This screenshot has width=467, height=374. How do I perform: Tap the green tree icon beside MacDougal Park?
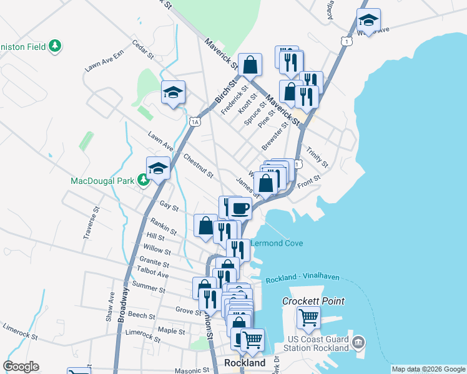[x=143, y=181]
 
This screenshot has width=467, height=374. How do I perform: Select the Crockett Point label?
[x=313, y=301]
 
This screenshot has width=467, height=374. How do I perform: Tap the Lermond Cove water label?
[x=277, y=243]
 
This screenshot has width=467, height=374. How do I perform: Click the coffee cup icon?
[x=240, y=207]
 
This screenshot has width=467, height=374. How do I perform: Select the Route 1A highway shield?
[x=195, y=122]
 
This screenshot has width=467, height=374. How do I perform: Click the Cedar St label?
[x=142, y=50]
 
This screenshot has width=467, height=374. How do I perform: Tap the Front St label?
[x=308, y=178]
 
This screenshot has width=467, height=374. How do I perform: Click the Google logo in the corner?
[x=21, y=367]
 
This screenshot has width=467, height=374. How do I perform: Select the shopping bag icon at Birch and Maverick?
[x=250, y=64]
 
